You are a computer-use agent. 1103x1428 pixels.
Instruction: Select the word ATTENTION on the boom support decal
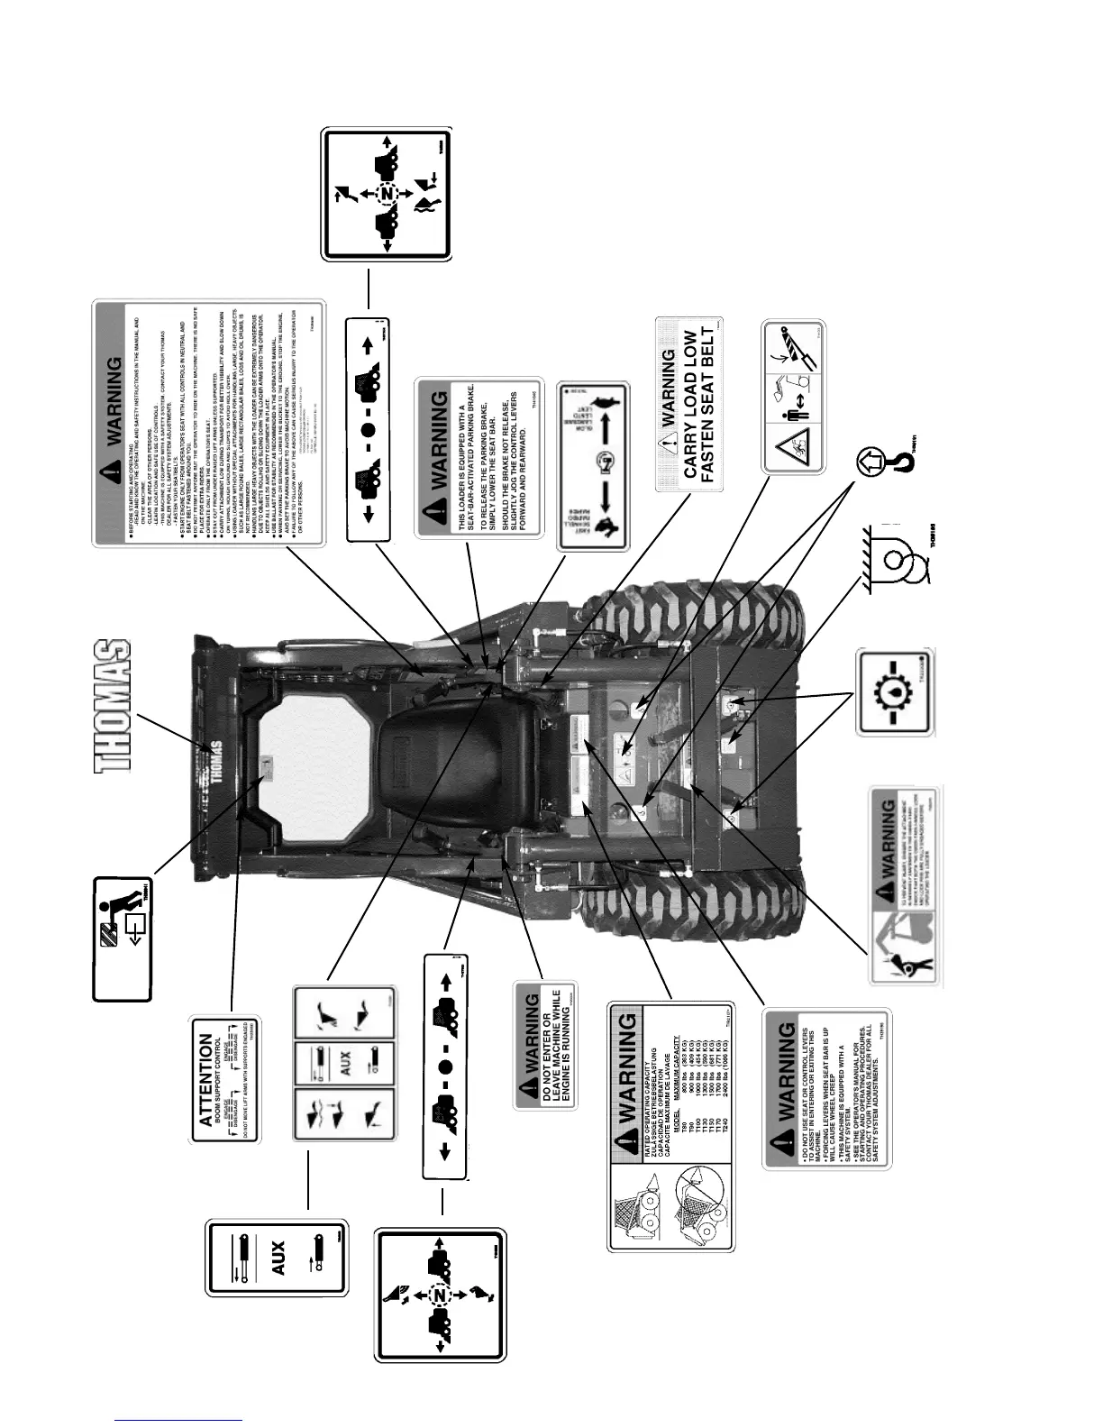205,1079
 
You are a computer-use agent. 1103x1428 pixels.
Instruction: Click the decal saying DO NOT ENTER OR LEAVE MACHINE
546,1046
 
